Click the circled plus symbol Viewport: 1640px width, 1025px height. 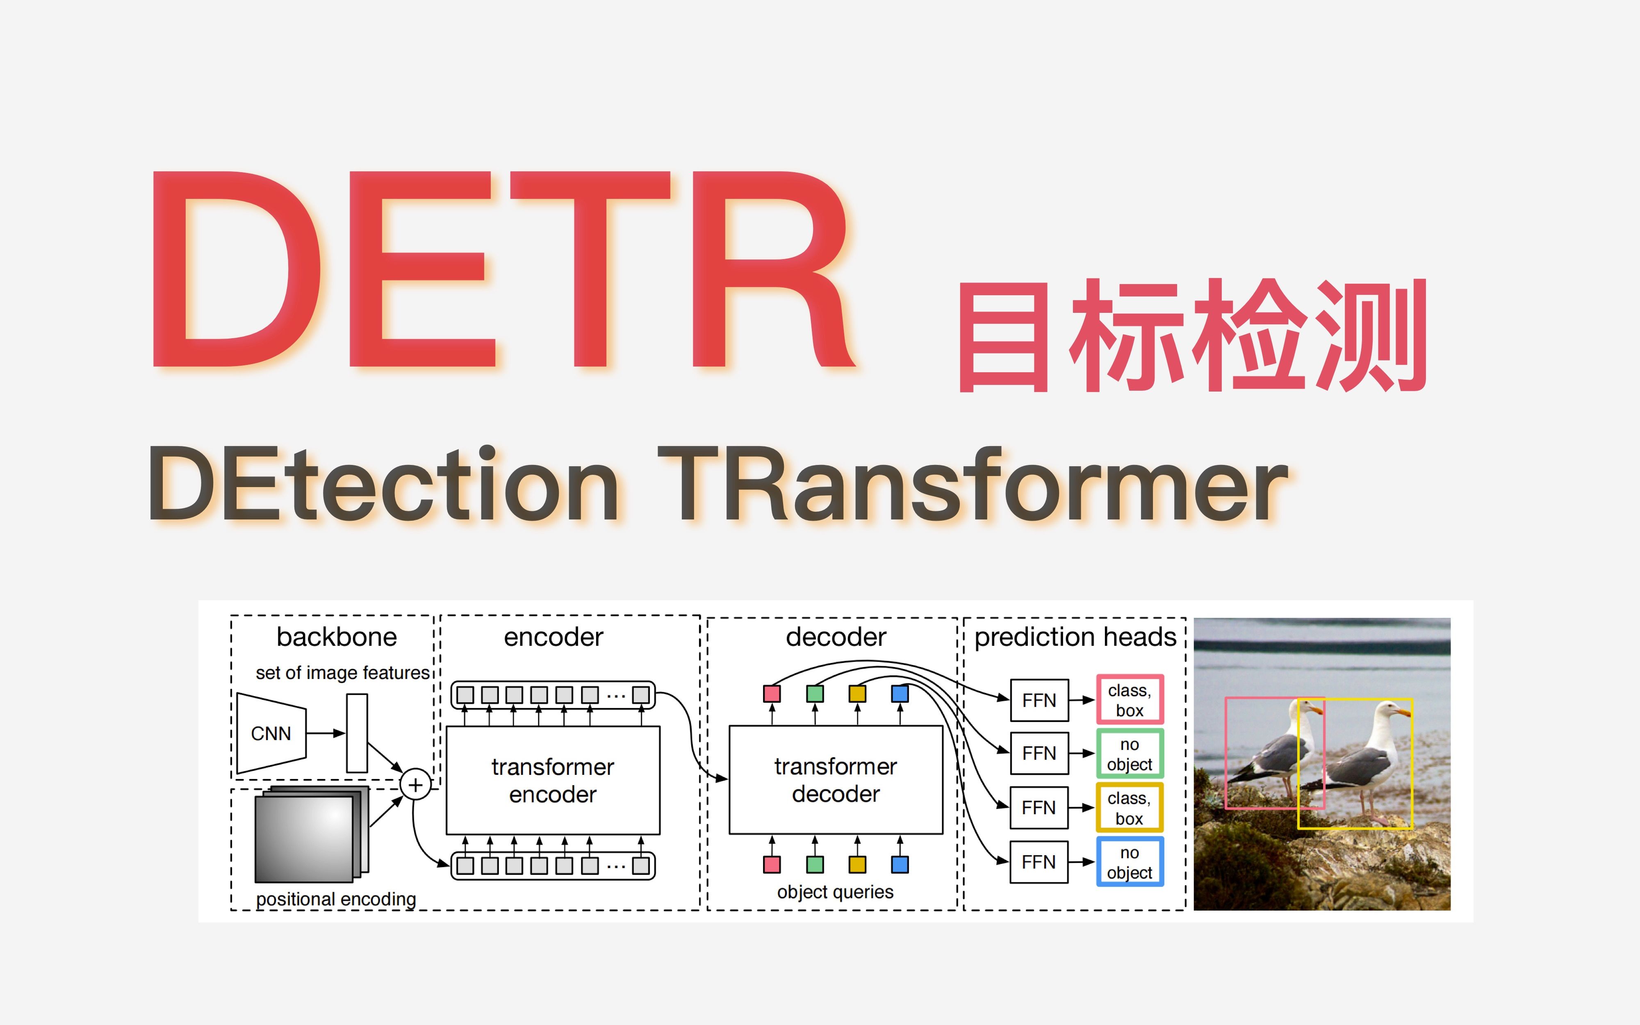415,785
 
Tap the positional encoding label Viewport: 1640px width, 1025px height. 336,899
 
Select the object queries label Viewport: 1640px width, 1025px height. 835,891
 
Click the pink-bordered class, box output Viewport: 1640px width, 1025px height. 1130,699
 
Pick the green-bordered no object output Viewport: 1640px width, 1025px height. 1130,754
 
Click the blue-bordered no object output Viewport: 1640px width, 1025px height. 1130,862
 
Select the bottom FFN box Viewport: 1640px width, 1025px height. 1039,862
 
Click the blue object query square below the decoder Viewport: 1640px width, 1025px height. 900,864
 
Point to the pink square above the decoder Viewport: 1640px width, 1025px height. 772,693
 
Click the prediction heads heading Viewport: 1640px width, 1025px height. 1075,637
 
